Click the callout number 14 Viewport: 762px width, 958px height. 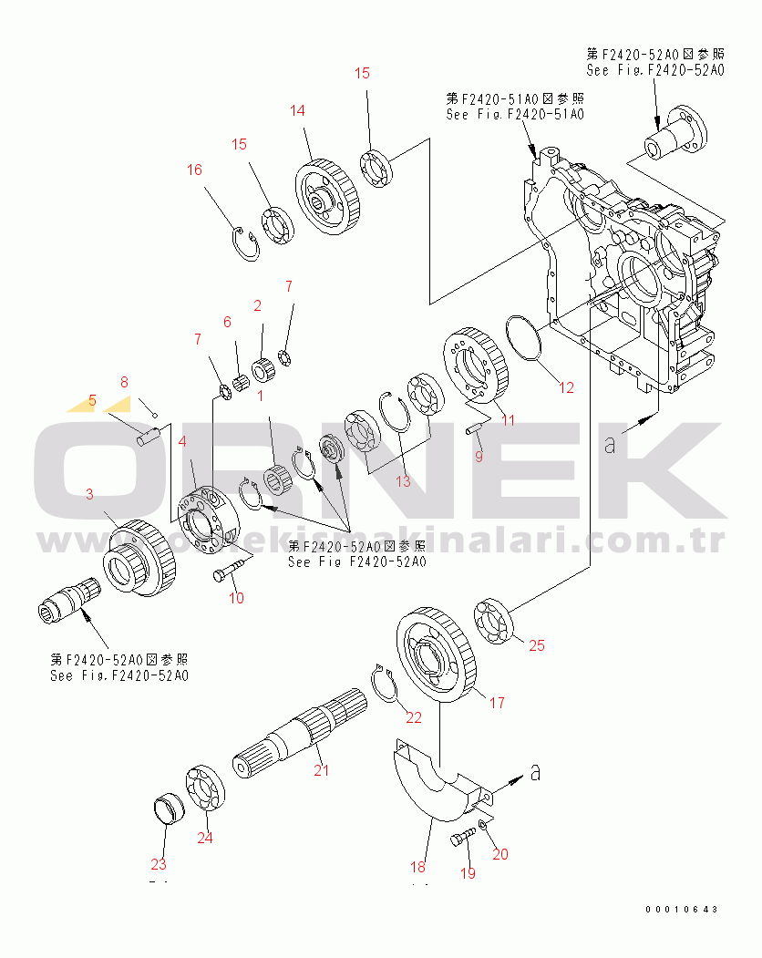point(298,111)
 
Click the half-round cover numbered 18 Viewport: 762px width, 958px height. point(428,784)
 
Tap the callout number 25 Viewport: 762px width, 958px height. point(537,645)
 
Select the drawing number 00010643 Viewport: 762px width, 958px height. point(682,910)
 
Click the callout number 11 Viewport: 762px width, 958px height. point(508,420)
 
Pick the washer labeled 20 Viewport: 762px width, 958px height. point(481,825)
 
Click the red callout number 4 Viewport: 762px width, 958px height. point(183,441)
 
